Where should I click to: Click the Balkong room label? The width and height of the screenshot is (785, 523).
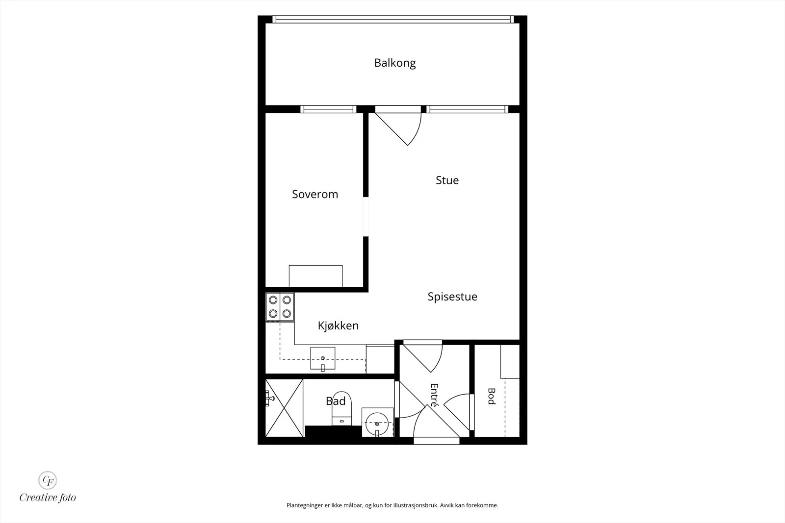(395, 63)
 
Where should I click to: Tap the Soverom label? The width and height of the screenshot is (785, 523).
(315, 194)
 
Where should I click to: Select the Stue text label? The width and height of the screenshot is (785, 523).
(447, 180)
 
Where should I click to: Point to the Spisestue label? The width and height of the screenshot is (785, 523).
(452, 297)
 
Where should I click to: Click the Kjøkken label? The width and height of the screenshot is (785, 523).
(338, 326)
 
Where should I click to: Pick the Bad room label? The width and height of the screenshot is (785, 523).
(336, 401)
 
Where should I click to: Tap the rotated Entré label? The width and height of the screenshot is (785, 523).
(434, 395)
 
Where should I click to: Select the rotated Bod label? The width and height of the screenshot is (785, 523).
(492, 396)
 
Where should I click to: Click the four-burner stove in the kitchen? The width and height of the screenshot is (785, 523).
(280, 307)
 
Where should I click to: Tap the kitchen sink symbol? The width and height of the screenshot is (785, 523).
(323, 358)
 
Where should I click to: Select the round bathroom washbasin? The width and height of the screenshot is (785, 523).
(377, 423)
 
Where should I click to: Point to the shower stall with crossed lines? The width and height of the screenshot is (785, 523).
(284, 408)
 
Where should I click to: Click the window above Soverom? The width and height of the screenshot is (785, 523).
(328, 109)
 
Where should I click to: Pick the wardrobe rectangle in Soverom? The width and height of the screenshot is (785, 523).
(316, 276)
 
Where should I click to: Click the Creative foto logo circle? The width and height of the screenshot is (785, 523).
(48, 480)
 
